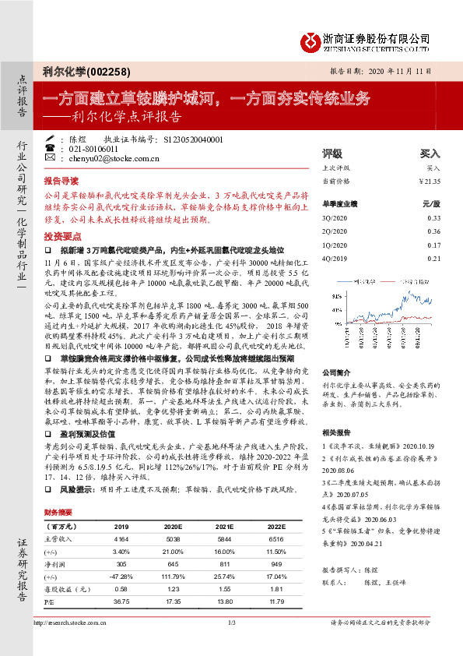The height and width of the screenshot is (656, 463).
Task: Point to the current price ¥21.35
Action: pos(430,181)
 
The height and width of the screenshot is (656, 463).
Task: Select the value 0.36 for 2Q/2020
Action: pos(433,231)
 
